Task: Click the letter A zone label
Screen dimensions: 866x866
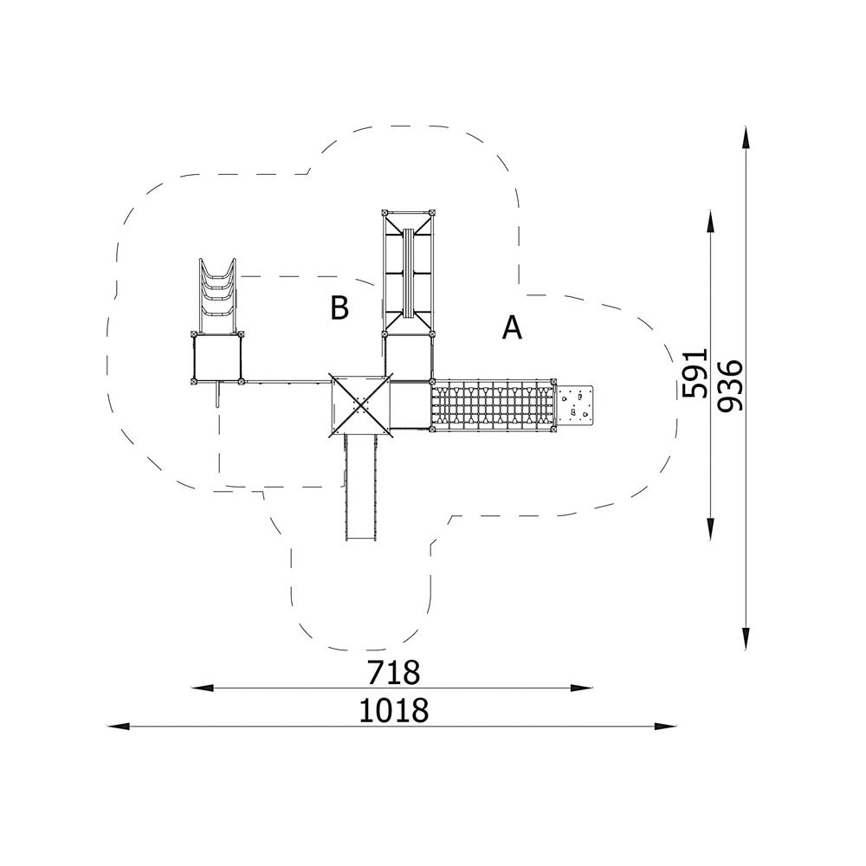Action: (512, 327)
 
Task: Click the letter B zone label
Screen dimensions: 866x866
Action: (339, 307)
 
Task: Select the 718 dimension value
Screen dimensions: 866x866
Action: (394, 673)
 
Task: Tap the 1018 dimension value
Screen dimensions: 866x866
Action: (394, 710)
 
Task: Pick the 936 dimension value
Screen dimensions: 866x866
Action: (731, 385)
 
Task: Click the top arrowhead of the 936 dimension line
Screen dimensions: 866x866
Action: (746, 137)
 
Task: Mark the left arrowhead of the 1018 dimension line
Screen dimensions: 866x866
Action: (118, 727)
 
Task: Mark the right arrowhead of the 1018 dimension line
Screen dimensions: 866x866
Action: (665, 727)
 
